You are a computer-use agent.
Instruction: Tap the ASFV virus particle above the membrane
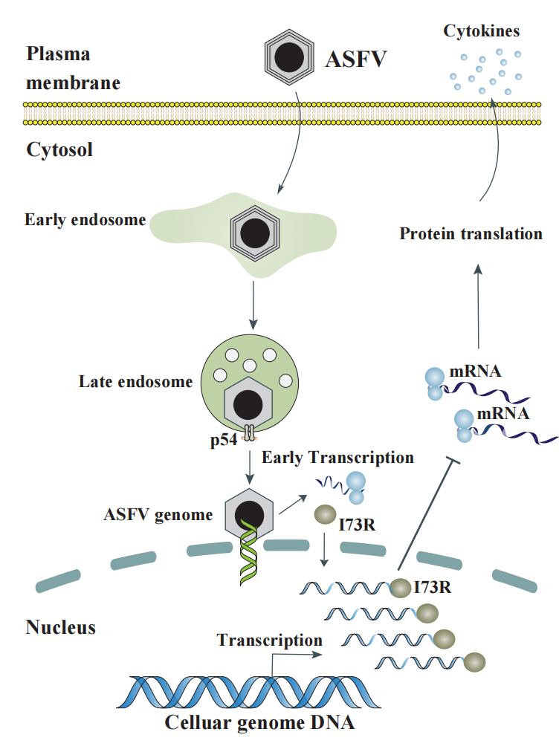pyautogui.click(x=289, y=57)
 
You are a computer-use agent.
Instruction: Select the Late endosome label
pyautogui.click(x=135, y=382)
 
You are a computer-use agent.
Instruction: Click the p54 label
pyautogui.click(x=224, y=440)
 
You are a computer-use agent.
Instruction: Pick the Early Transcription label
pyautogui.click(x=337, y=457)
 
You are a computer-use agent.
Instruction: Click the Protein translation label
pyautogui.click(x=471, y=234)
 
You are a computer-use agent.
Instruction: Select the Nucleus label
pyautogui.click(x=61, y=627)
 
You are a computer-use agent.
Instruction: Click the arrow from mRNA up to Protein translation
pyautogui.click(x=478, y=305)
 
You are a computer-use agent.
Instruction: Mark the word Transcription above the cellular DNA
pyautogui.click(x=269, y=640)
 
